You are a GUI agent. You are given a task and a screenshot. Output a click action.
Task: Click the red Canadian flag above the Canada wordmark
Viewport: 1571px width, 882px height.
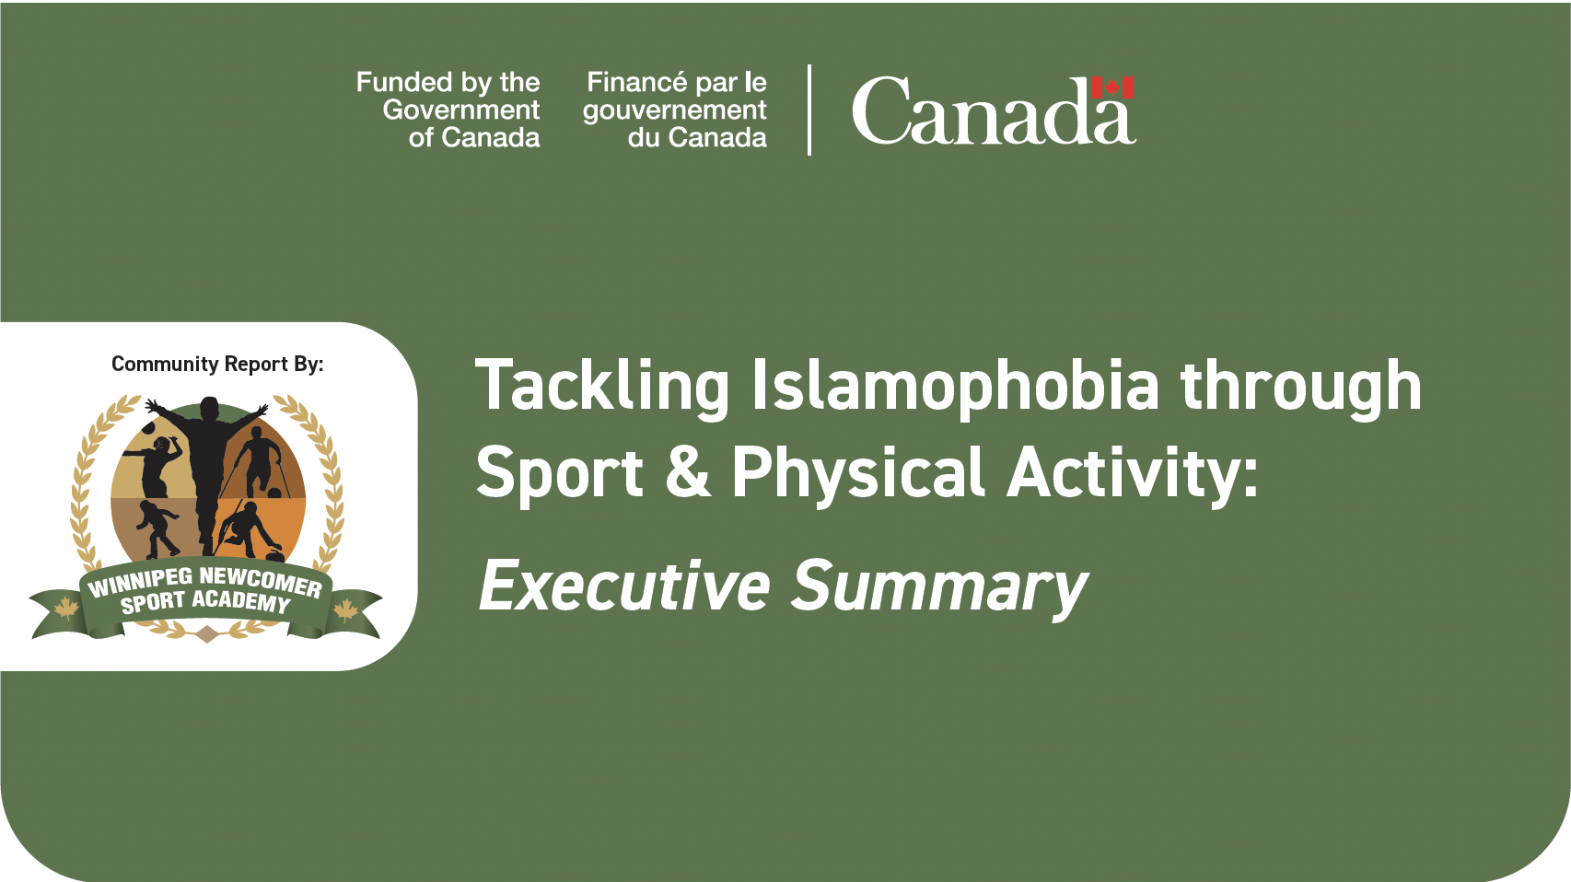[1112, 87]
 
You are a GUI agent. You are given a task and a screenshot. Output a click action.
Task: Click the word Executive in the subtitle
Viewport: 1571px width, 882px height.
[624, 585]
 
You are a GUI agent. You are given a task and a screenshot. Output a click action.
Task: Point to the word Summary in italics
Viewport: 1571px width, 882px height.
[940, 589]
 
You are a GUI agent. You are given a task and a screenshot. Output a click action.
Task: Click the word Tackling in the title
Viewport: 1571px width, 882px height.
[602, 387]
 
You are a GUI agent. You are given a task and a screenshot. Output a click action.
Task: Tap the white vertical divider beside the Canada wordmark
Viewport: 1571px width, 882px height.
[809, 110]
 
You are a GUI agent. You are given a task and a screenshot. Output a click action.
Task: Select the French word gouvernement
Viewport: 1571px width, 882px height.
[675, 110]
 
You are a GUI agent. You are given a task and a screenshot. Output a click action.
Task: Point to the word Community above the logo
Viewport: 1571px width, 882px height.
[166, 365]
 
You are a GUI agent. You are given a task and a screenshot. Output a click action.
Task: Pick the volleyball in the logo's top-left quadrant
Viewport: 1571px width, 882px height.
[148, 428]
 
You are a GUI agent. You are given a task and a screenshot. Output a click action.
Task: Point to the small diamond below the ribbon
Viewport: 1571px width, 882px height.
[205, 634]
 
